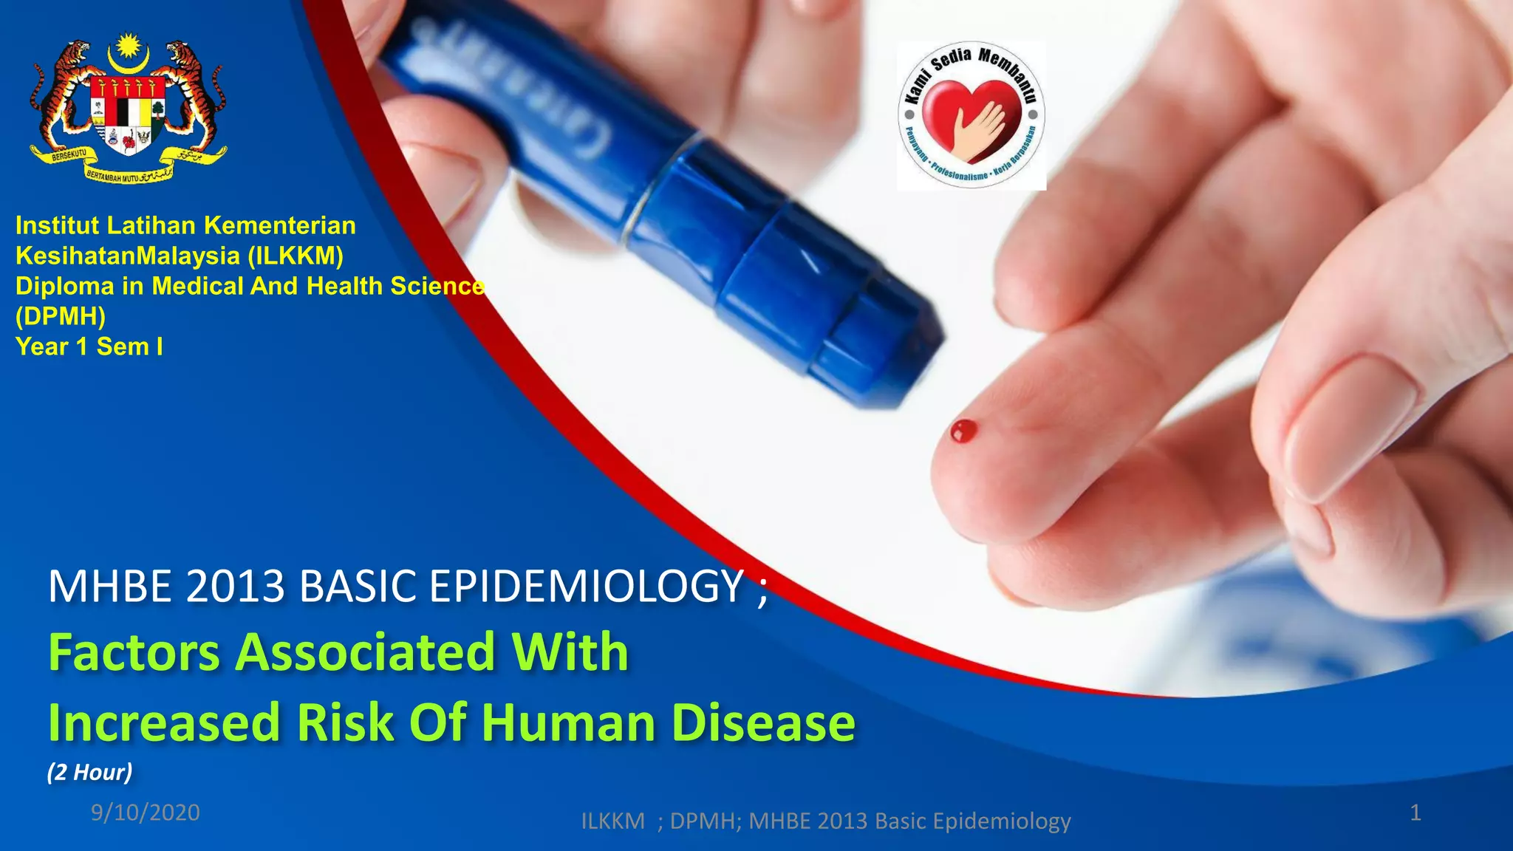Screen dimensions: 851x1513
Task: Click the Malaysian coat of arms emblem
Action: [128, 107]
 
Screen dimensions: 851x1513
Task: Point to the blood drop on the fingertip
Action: [963, 431]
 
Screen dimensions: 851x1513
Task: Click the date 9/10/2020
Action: [146, 813]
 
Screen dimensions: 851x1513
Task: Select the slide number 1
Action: [1415, 813]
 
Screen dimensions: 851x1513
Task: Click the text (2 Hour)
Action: [90, 772]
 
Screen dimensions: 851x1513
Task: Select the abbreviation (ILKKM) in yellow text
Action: [296, 256]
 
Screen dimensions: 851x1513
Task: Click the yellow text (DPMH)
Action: [61, 316]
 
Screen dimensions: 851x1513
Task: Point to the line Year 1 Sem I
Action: [89, 346]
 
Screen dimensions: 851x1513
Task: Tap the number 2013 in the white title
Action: [236, 587]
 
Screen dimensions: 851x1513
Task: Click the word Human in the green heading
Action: [569, 722]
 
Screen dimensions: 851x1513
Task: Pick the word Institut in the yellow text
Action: [57, 225]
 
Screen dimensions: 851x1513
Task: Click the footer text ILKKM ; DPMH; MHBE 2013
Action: [825, 821]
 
